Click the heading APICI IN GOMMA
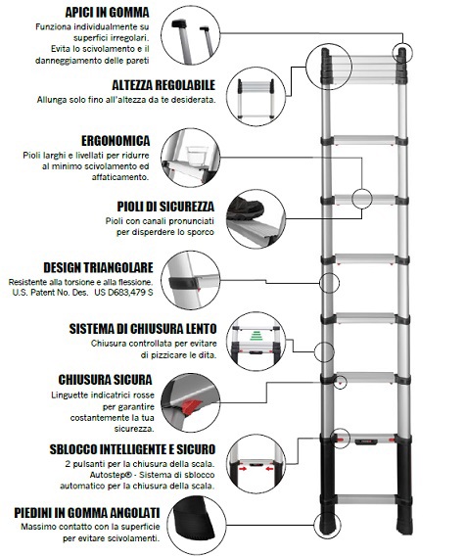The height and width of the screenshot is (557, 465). click(107, 13)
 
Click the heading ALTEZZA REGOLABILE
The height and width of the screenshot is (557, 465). click(163, 85)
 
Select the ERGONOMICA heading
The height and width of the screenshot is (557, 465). click(116, 141)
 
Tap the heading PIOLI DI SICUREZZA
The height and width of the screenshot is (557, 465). click(165, 207)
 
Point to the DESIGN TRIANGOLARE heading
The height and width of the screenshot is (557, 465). click(99, 267)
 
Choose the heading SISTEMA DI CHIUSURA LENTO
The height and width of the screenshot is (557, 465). click(143, 329)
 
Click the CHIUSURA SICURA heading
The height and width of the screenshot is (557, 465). click(105, 380)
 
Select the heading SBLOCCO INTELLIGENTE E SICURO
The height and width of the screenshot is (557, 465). click(132, 449)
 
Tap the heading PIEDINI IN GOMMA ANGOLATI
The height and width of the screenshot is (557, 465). click(87, 513)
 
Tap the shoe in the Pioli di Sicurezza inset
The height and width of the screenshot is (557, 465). click(245, 209)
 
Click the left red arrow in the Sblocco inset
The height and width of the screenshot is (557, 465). click(244, 469)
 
